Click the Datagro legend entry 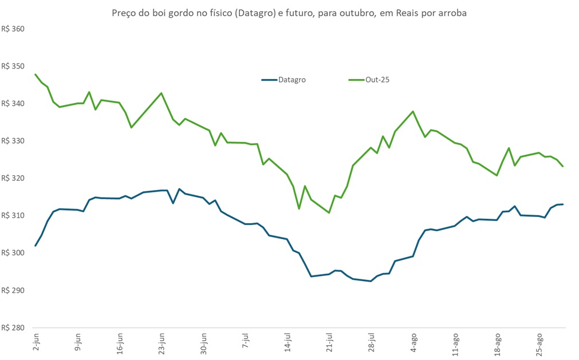(292, 80)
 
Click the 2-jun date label (36, 343)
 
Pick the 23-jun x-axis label (162, 342)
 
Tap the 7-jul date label (246, 343)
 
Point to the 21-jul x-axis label (330, 342)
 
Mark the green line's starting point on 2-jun (36, 74)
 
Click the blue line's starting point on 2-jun (36, 246)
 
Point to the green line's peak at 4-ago (413, 112)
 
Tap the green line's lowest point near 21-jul (329, 212)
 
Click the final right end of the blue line (564, 204)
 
